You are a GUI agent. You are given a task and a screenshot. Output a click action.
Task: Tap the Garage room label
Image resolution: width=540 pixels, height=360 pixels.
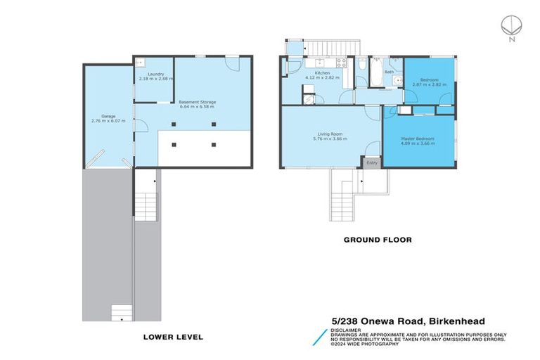coord(108,116)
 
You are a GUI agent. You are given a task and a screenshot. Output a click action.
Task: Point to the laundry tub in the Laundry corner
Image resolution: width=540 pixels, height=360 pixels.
coord(139,62)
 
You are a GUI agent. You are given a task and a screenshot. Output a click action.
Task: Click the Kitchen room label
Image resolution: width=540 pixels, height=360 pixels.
coord(322,73)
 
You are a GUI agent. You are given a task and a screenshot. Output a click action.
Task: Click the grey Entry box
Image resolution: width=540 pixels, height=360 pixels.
coord(372,163)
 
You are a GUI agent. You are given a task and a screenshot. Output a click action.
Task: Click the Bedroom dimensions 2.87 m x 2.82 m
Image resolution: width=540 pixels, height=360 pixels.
coord(428,84)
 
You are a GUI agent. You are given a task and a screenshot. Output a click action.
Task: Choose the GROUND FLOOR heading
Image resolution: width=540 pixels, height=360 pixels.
coord(377,240)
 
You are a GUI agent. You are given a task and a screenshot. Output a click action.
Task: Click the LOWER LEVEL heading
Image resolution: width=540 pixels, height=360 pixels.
coord(173,337)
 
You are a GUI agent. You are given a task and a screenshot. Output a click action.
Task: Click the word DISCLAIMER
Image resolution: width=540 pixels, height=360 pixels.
coord(347,329)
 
